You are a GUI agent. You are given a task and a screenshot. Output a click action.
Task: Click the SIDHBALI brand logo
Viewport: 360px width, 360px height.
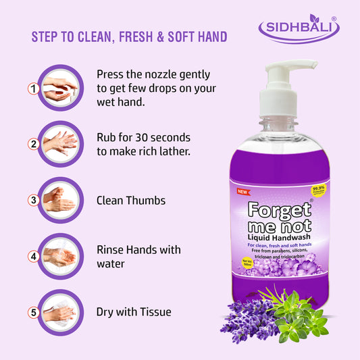pos(299,30)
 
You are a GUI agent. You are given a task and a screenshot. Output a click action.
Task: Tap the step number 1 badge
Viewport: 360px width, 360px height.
pos(32,88)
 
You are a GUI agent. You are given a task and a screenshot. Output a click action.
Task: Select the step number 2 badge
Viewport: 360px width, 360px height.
pos(32,144)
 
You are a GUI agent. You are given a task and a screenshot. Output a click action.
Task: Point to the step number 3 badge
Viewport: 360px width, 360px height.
pos(32,201)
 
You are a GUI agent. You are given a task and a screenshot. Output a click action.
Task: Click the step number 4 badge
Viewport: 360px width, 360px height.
pos(32,257)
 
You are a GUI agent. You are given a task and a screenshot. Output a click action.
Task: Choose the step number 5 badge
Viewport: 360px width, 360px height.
pos(32,313)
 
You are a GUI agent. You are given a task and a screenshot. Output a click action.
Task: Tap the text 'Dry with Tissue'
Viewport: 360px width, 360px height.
pos(134,312)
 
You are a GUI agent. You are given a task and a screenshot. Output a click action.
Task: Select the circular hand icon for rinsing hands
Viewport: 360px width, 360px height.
pos(60,256)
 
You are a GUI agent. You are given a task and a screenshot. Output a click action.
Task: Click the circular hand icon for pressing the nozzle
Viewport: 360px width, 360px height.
pos(60,88)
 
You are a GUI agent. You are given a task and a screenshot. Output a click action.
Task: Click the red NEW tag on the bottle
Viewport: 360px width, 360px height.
pos(244,191)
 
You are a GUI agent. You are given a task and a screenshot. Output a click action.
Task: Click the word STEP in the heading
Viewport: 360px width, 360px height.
pos(47,36)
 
